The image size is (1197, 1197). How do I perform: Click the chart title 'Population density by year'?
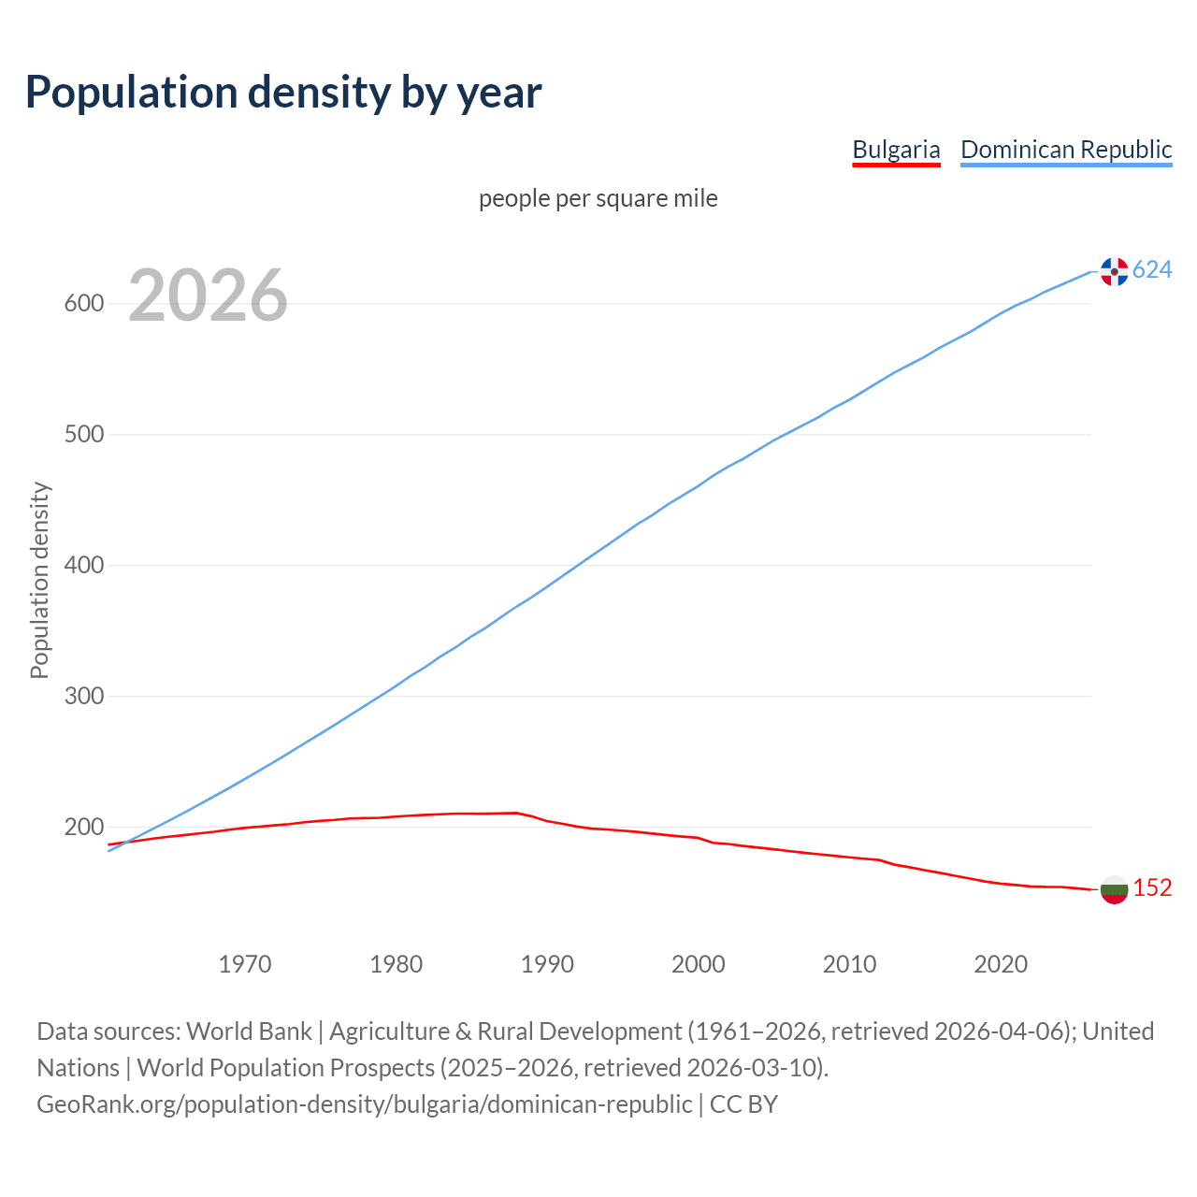click(283, 92)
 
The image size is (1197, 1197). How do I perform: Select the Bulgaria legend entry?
click(896, 150)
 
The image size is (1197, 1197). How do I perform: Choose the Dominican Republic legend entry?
click(1066, 150)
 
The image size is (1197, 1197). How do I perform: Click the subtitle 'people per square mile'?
click(598, 198)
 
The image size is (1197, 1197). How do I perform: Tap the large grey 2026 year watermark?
click(208, 296)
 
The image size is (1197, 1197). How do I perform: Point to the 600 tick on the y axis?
click(84, 304)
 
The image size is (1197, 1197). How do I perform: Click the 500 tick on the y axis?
click(84, 435)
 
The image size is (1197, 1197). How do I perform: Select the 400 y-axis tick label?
click(84, 566)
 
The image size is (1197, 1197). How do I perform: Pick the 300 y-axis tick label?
click(84, 697)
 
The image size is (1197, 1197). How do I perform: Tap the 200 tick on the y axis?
click(84, 828)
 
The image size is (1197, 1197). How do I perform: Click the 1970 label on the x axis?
click(245, 964)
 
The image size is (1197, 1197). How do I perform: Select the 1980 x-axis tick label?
click(397, 964)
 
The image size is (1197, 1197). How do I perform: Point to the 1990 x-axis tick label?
click(547, 964)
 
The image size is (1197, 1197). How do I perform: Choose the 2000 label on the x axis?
click(699, 964)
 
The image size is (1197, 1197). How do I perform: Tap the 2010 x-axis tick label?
click(849, 964)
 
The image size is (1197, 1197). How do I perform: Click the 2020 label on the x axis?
click(1001, 964)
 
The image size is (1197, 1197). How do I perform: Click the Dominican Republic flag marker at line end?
click(1114, 271)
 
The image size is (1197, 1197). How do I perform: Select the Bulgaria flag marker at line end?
click(1114, 889)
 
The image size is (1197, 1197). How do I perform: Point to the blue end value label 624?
click(1152, 270)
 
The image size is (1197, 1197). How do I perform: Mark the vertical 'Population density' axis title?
click(39, 580)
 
